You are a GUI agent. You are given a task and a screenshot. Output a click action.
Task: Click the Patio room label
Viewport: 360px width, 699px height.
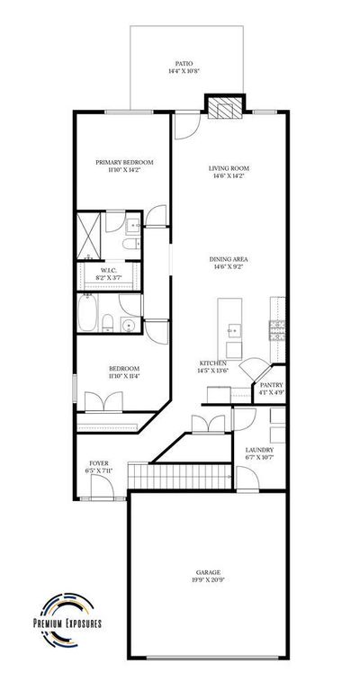coord(184,64)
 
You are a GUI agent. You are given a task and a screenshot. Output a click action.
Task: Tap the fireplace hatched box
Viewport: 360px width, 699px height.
coord(225,109)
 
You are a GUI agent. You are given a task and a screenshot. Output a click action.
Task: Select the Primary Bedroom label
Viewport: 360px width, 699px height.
coord(124,162)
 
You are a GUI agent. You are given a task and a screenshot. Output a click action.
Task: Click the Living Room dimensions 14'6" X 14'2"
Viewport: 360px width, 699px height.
coord(229,175)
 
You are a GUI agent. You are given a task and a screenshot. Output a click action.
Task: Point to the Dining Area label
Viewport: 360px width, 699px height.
coord(229,259)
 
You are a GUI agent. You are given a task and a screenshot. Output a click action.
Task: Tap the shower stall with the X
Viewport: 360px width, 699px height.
coord(89,236)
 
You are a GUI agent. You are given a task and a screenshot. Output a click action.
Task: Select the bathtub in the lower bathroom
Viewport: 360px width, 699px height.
coord(87,313)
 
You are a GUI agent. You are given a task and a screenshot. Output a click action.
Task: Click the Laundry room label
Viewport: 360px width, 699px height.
coord(259,450)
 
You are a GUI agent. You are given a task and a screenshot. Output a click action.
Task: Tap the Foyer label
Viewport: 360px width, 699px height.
coord(99,463)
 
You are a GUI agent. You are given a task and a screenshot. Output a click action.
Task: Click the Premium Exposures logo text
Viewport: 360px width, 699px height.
coord(67,623)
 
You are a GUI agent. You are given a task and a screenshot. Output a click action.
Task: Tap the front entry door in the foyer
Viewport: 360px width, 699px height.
coord(102,487)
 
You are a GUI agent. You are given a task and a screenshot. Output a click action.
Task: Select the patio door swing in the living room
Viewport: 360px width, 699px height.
coord(187,125)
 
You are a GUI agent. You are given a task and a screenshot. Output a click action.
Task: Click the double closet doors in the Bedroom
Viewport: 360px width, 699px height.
coord(103,401)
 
